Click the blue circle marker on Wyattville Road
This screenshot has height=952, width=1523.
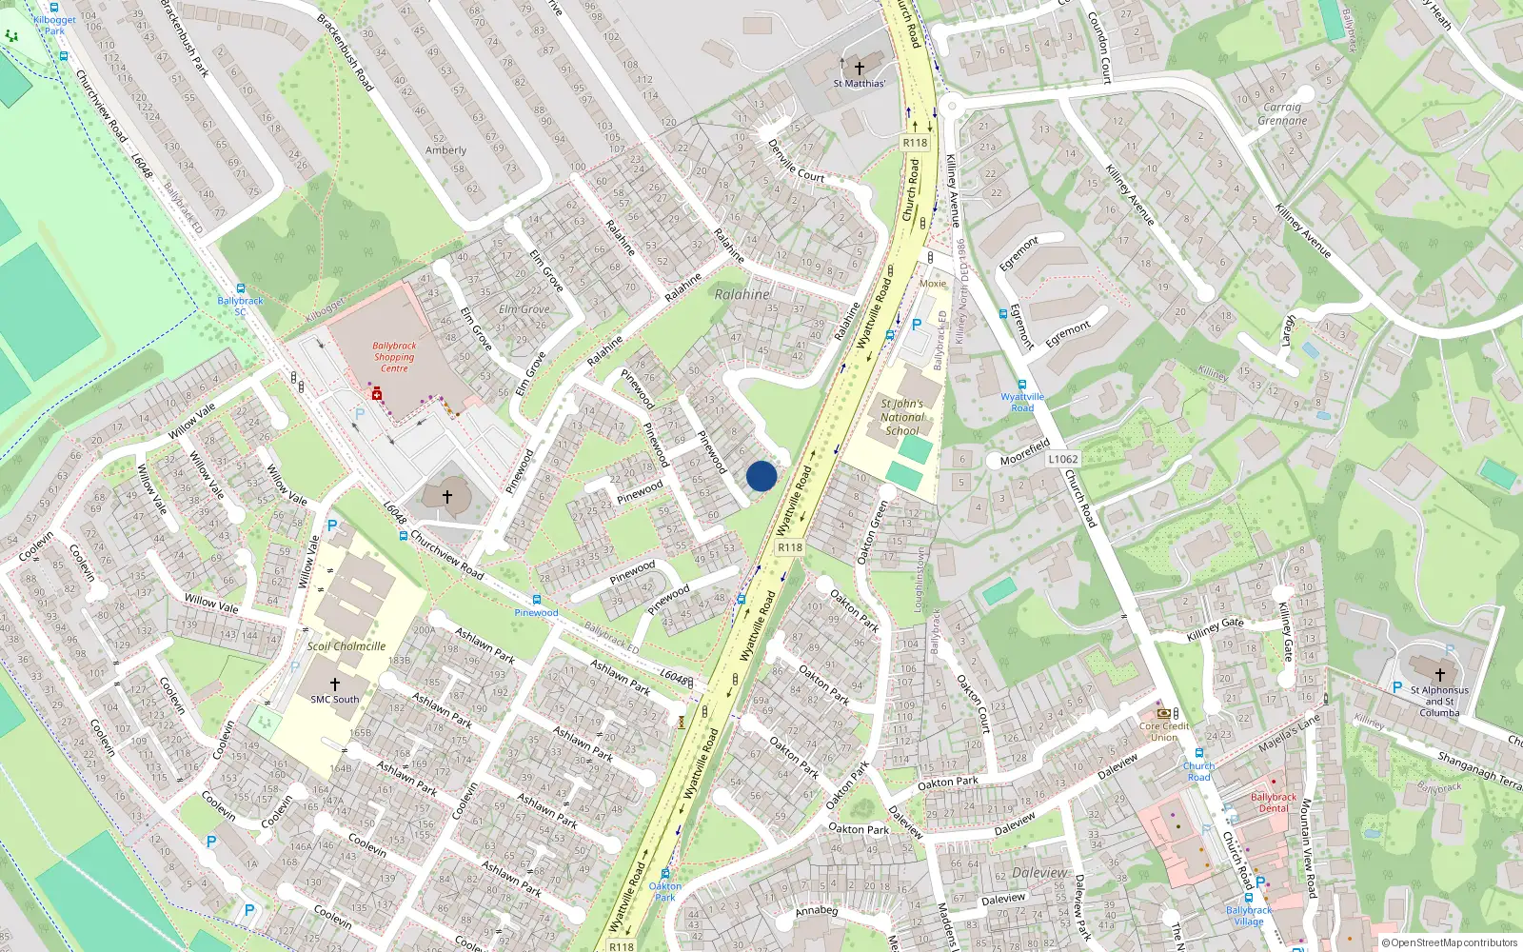click(x=761, y=476)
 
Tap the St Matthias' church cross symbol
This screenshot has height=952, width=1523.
click(x=860, y=68)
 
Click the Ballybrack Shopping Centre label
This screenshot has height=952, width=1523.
click(x=394, y=357)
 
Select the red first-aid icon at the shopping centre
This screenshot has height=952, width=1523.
click(x=377, y=393)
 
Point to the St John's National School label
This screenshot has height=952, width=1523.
click(x=901, y=417)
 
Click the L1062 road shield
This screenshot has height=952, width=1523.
click(x=1063, y=459)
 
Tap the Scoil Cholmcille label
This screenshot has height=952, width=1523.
click(x=346, y=646)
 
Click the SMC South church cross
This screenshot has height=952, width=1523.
click(x=335, y=684)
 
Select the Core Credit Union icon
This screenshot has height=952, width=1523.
click(x=1162, y=713)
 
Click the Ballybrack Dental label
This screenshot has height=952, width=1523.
click(x=1274, y=803)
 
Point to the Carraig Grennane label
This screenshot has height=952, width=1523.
click(x=1282, y=114)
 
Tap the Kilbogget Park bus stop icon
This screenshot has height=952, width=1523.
click(x=54, y=8)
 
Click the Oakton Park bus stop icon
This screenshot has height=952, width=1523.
click(x=665, y=874)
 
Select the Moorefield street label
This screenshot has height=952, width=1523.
click(x=1025, y=452)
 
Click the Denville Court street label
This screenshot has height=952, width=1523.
click(x=796, y=161)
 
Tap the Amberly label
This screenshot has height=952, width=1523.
click(x=445, y=150)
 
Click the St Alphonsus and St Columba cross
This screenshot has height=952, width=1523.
click(x=1439, y=675)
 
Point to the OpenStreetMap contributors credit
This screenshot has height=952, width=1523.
click(x=1450, y=943)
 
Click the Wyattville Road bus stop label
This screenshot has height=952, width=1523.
click(x=1022, y=402)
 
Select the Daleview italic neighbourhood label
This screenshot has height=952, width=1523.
click(x=1040, y=872)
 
